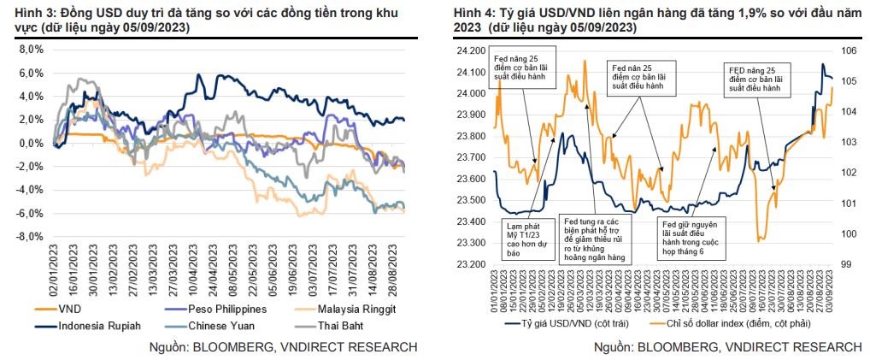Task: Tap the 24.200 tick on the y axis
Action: point(471,51)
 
